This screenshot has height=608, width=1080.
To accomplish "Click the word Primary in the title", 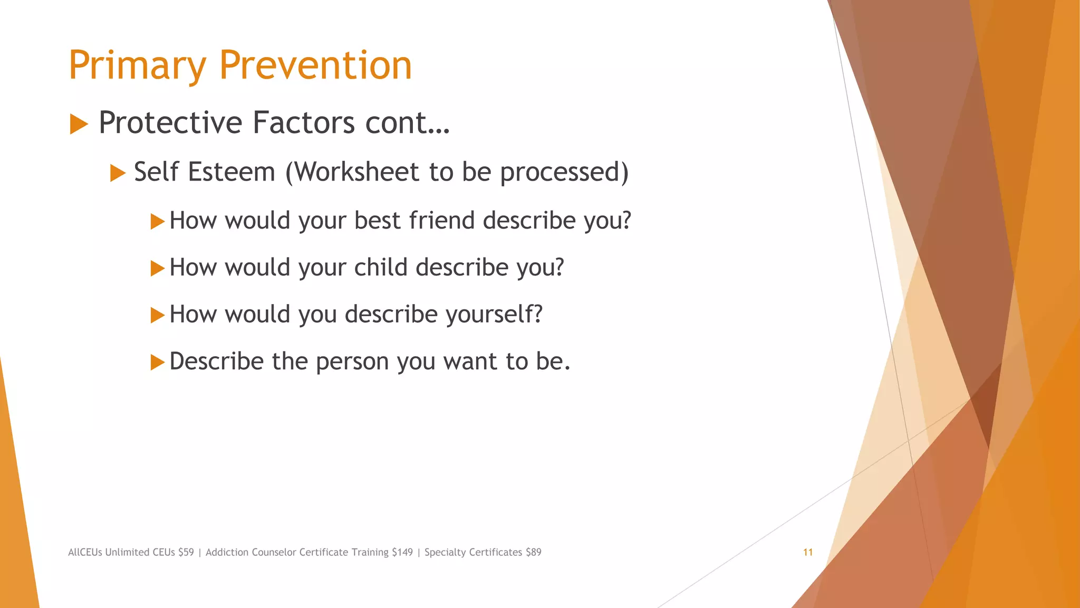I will pos(137,66).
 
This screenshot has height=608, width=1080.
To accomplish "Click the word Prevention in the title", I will pos(315,65).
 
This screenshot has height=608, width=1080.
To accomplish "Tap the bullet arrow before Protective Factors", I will pos(79,125).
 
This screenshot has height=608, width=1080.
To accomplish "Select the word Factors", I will pos(304,122).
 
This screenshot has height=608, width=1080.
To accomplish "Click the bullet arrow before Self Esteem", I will pos(118,173).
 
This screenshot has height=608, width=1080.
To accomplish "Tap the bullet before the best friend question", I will pos(157,221).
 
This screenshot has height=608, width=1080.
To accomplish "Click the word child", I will pos(381,268).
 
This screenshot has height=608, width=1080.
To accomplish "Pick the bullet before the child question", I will pos(157,268).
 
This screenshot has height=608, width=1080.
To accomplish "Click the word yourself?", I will pos(494,315).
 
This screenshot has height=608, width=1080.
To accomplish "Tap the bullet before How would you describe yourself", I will pos(157,315).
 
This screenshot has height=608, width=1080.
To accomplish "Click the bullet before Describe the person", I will pos(157,362).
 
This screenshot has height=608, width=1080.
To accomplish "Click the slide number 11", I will pos(807,553).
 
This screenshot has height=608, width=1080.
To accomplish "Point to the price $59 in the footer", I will pos(186,553).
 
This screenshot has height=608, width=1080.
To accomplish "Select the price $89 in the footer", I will pos(533,553).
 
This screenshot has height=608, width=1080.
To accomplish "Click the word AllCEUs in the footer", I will pos(85,553).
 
